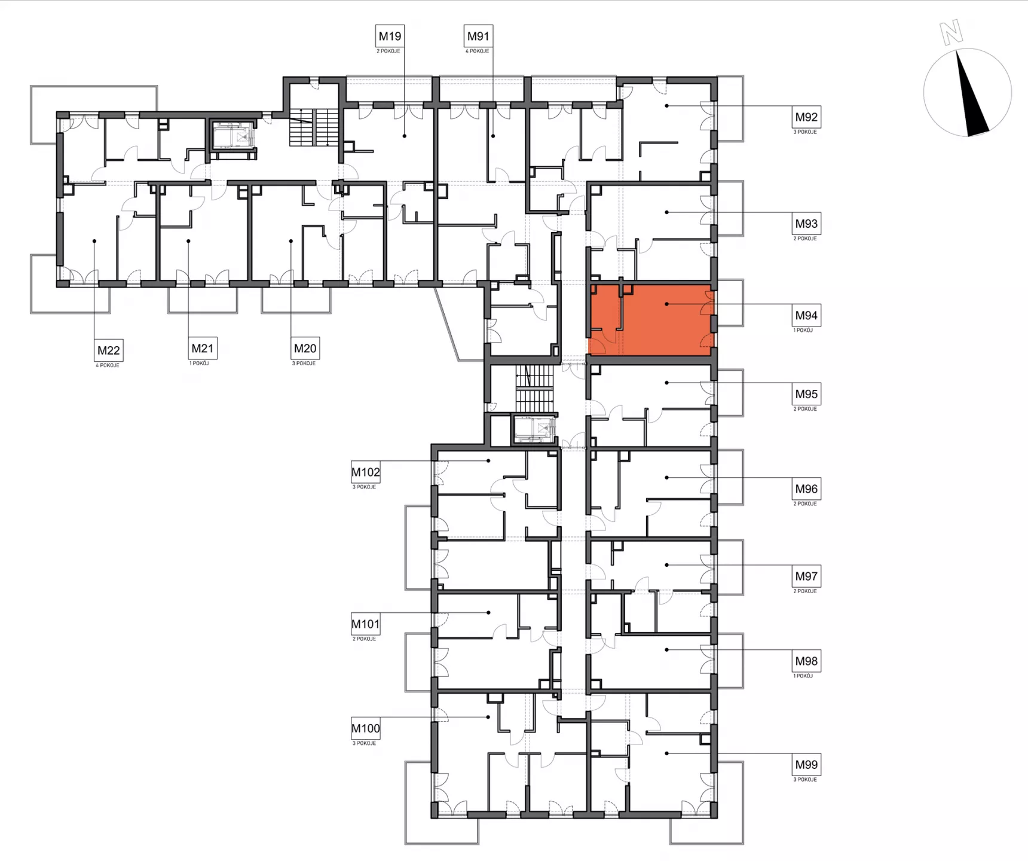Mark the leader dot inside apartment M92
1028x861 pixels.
[x=667, y=106]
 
